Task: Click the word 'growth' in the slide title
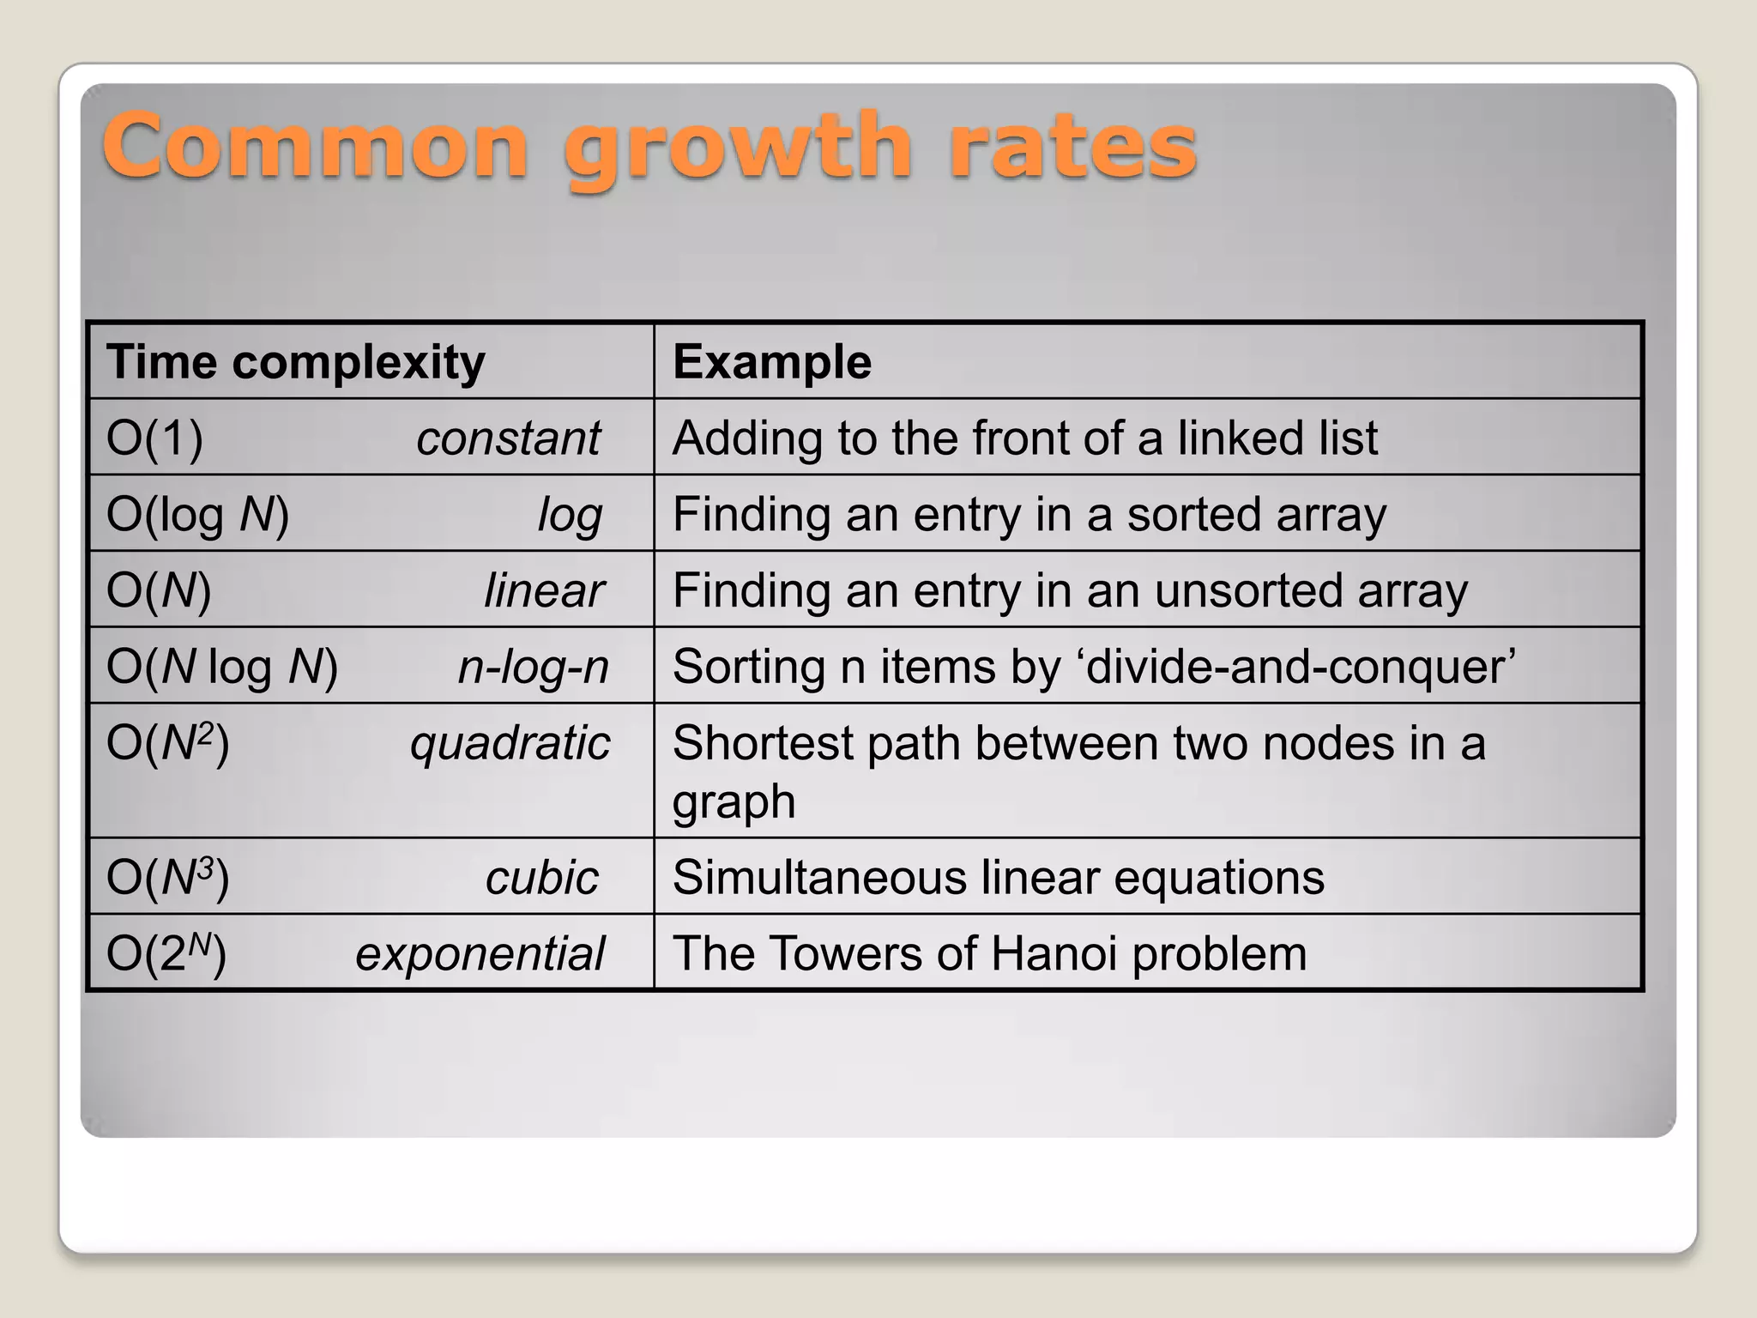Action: pyautogui.click(x=736, y=148)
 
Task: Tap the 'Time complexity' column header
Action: pyautogui.click(x=295, y=361)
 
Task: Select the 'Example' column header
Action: pyautogui.click(x=772, y=361)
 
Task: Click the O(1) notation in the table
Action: pyautogui.click(x=154, y=438)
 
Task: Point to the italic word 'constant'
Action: pyautogui.click(x=509, y=438)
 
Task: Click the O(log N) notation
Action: pyautogui.click(x=197, y=514)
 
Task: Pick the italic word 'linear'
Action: pyautogui.click(x=544, y=590)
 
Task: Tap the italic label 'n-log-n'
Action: pyautogui.click(x=533, y=666)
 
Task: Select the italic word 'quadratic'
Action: pyautogui.click(x=510, y=742)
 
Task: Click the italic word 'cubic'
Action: pyautogui.click(x=541, y=877)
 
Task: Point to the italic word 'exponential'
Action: pyautogui.click(x=480, y=953)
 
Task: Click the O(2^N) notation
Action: pyautogui.click(x=166, y=953)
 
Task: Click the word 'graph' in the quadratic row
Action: pyautogui.click(x=734, y=802)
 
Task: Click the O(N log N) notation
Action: pyautogui.click(x=222, y=666)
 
